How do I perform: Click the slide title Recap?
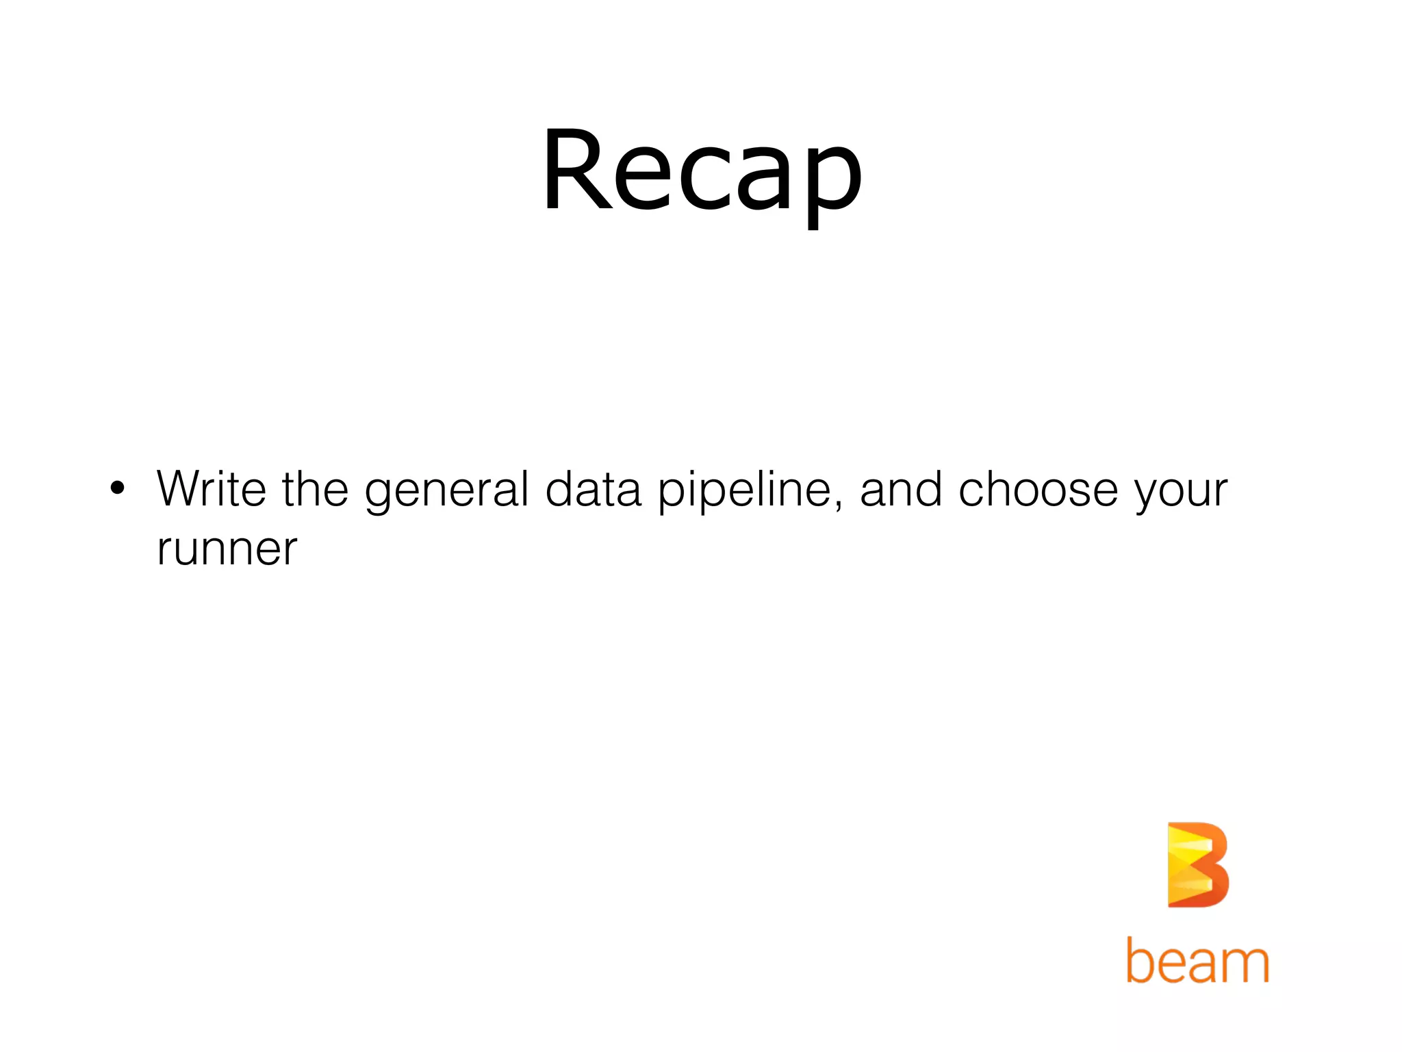pos(702,171)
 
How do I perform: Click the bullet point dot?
pos(118,488)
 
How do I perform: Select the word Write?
pos(212,489)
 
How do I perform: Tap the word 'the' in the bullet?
pos(315,489)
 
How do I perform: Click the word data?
pos(593,489)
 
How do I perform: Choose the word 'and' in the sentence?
pos(900,489)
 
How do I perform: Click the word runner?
pos(227,549)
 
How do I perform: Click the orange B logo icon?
pos(1197,865)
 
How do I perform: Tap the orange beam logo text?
pos(1197,960)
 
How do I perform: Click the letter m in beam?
pos(1245,964)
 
